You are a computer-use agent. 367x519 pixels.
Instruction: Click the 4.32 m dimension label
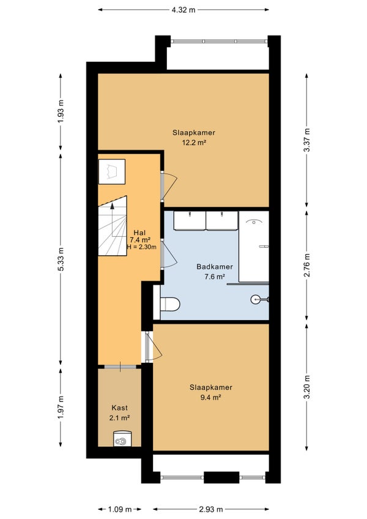coord(183,10)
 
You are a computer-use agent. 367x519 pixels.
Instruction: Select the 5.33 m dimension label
coord(61,259)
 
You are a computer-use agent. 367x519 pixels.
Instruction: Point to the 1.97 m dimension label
coord(61,408)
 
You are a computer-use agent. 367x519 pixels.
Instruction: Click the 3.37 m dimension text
coord(308,140)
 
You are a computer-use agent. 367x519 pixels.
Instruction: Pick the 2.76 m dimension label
coord(308,265)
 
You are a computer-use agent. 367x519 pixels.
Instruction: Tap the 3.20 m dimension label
coord(308,387)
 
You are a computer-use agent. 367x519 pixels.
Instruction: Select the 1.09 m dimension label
coord(120,509)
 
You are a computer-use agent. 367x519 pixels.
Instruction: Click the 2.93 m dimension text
coord(211,509)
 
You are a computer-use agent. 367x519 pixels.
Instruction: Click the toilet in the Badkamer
coord(170,304)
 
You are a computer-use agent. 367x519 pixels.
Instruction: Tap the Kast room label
coord(119,408)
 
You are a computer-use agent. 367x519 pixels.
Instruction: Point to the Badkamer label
coord(215,266)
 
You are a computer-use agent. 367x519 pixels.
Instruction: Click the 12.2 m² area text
coord(195,143)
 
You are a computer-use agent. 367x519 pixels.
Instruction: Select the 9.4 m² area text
coord(211,397)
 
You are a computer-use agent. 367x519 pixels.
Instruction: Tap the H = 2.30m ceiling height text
coord(142,247)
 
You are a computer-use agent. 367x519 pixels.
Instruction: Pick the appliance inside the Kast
coord(120,439)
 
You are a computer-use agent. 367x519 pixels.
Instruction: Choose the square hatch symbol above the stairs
coord(112,171)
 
